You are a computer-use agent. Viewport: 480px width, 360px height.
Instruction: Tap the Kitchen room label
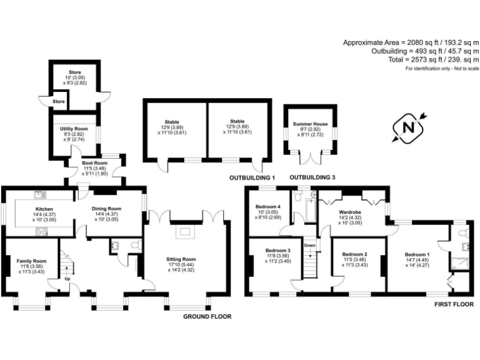coord(44,209)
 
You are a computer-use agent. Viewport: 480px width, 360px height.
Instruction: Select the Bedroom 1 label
coord(417,255)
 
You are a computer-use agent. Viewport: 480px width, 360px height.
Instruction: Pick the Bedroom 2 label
coord(354,254)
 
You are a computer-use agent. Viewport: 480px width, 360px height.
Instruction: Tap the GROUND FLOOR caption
coord(207,317)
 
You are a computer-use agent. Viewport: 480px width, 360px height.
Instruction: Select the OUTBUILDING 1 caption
coord(249,177)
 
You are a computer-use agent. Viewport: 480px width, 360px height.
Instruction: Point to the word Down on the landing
coord(310,245)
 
